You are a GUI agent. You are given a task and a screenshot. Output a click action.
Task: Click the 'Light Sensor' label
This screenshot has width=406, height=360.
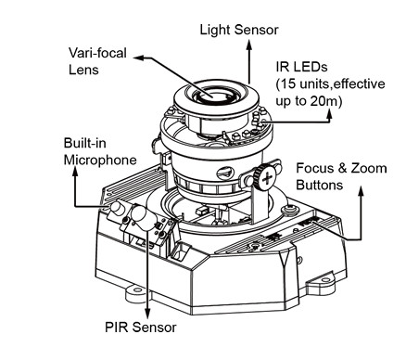[x=239, y=30]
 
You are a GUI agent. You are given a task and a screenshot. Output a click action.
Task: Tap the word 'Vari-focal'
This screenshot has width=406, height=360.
[x=97, y=53]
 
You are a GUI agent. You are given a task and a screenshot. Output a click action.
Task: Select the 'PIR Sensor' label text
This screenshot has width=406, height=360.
[x=141, y=328]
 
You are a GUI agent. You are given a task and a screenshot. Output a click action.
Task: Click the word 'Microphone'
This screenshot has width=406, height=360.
[x=100, y=160]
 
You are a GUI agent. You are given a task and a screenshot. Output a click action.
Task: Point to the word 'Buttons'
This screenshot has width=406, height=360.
[x=320, y=185]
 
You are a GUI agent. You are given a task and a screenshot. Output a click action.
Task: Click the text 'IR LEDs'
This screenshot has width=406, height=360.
[x=301, y=67]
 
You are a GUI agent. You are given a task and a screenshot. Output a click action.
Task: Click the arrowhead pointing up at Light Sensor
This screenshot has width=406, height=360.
[x=248, y=45]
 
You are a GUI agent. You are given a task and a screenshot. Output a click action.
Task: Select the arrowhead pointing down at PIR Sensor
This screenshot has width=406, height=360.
[x=147, y=313]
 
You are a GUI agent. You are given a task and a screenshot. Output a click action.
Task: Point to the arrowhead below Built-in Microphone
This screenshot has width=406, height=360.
[x=75, y=173]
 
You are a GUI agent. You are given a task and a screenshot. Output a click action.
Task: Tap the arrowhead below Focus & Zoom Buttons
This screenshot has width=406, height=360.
[x=361, y=192]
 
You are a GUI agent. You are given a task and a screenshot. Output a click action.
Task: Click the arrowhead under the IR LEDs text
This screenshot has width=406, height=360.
[x=329, y=115]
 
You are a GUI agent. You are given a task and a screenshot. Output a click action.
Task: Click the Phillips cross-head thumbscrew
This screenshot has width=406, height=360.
[x=267, y=179]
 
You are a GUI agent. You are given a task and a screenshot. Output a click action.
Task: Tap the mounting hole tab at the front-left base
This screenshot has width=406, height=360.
[x=136, y=291]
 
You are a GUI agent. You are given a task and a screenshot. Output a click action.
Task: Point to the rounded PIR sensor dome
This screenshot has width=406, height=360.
[x=141, y=216]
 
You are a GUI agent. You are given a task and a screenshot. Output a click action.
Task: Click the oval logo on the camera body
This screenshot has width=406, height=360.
[x=225, y=174]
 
